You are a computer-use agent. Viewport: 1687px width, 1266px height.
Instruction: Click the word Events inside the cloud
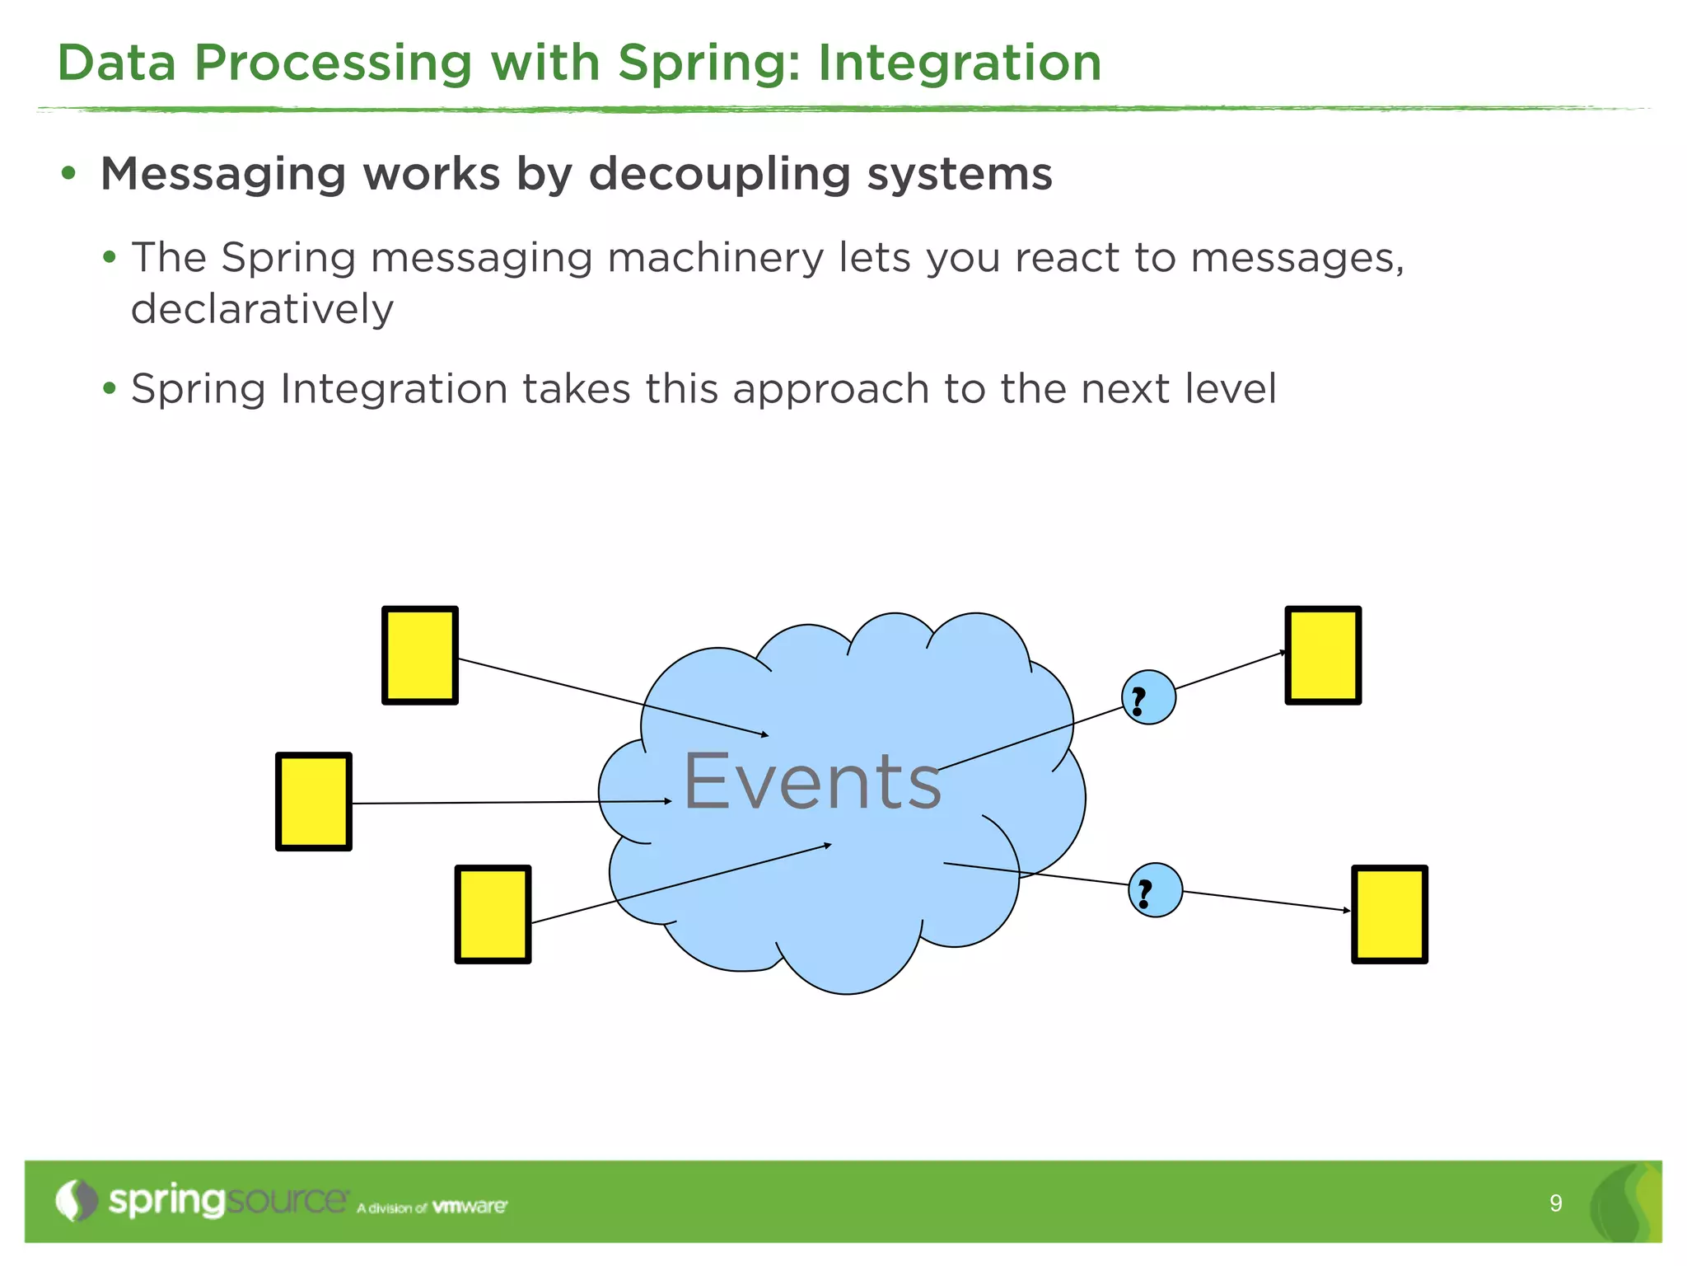[812, 781]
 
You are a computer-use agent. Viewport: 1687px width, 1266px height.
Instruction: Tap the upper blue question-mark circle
[1148, 697]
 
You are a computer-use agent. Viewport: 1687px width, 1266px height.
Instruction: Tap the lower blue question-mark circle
[1155, 890]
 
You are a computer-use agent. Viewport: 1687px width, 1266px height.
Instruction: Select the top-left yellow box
[420, 655]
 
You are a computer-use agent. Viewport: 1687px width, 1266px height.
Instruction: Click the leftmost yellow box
[314, 801]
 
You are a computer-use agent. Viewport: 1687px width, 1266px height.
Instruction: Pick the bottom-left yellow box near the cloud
[493, 914]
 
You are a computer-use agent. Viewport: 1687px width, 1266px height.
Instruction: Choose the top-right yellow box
[1323, 655]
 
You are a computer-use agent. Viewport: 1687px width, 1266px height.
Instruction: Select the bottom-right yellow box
[1389, 914]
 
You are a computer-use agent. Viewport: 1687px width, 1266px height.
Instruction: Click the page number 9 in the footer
[1555, 1203]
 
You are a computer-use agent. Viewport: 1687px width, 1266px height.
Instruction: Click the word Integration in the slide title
[960, 63]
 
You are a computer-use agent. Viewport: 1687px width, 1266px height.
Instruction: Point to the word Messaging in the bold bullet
[224, 175]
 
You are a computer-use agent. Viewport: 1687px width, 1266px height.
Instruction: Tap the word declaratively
[262, 310]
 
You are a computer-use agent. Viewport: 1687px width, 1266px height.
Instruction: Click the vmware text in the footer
[470, 1207]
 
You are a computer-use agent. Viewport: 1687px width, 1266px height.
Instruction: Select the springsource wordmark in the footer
[228, 1201]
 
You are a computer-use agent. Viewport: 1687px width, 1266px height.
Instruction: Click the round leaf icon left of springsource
[77, 1201]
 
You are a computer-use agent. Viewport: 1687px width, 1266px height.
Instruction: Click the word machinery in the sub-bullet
[715, 258]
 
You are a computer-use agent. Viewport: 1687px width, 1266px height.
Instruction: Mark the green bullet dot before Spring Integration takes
[110, 387]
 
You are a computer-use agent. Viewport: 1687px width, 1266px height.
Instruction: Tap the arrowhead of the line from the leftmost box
[668, 801]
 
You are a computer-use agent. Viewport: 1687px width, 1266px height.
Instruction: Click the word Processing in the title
[333, 63]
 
